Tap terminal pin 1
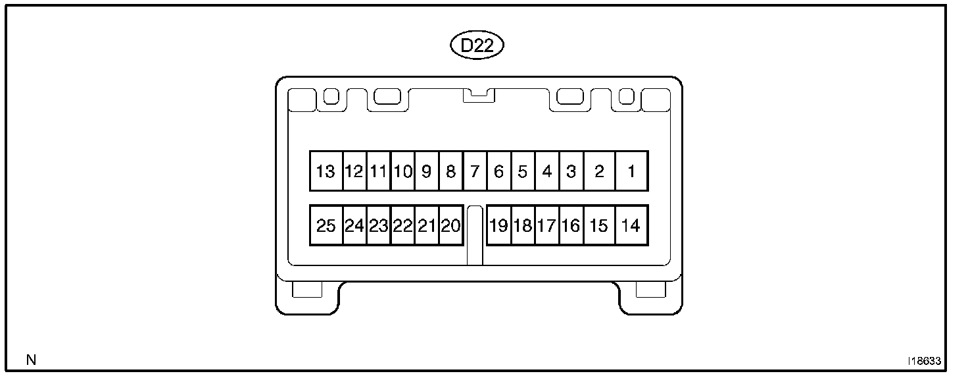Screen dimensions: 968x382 coord(631,172)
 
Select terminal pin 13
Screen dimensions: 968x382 coord(326,172)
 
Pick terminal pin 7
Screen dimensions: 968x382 coord(475,172)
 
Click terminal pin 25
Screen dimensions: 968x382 coord(326,226)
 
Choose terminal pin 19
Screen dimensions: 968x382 coord(498,226)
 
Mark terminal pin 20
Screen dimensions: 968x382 coord(450,226)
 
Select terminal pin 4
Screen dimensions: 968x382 coord(547,172)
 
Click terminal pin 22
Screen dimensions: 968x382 coord(402,226)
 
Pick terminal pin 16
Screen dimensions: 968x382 coord(571,226)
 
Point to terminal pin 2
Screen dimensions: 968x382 coord(599,172)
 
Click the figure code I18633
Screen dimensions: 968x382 coord(924,362)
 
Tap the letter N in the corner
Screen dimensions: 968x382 coord(30,360)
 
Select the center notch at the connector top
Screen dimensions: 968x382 coord(478,95)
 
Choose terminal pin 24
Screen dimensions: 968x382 coord(354,226)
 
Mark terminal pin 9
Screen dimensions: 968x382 coord(426,172)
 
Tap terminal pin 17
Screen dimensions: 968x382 coord(546,226)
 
